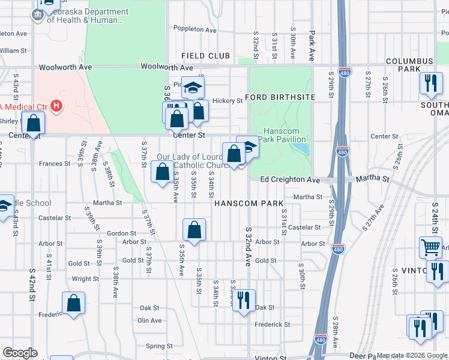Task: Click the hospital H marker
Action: (56, 107)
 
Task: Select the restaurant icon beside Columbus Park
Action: (430, 83)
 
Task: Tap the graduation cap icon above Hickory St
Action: (193, 88)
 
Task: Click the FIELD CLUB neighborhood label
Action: (206, 56)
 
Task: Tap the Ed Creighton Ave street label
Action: (290, 180)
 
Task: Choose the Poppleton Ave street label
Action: (194, 29)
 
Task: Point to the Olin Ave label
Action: (150, 320)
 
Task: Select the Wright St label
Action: (85, 279)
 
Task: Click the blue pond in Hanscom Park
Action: (302, 148)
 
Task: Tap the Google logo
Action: (19, 353)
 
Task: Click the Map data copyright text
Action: (412, 356)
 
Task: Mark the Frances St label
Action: (55, 163)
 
